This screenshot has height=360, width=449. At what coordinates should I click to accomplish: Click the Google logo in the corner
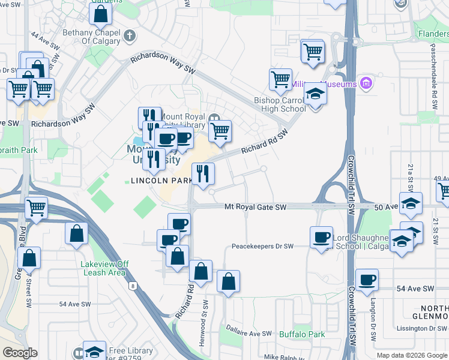tap(20, 353)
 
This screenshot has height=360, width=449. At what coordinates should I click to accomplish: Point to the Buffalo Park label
tap(302, 334)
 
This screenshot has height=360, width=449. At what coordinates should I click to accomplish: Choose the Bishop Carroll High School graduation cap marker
tap(314, 95)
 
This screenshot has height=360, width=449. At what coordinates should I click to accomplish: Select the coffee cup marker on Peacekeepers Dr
tap(321, 236)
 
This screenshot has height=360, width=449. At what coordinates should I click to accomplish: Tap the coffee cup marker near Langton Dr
tap(367, 279)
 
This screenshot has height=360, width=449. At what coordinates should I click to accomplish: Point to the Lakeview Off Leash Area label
tap(104, 268)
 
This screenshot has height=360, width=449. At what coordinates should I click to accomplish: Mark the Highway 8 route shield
tap(131, 286)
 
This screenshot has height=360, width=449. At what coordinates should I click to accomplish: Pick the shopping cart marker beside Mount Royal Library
tap(220, 131)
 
